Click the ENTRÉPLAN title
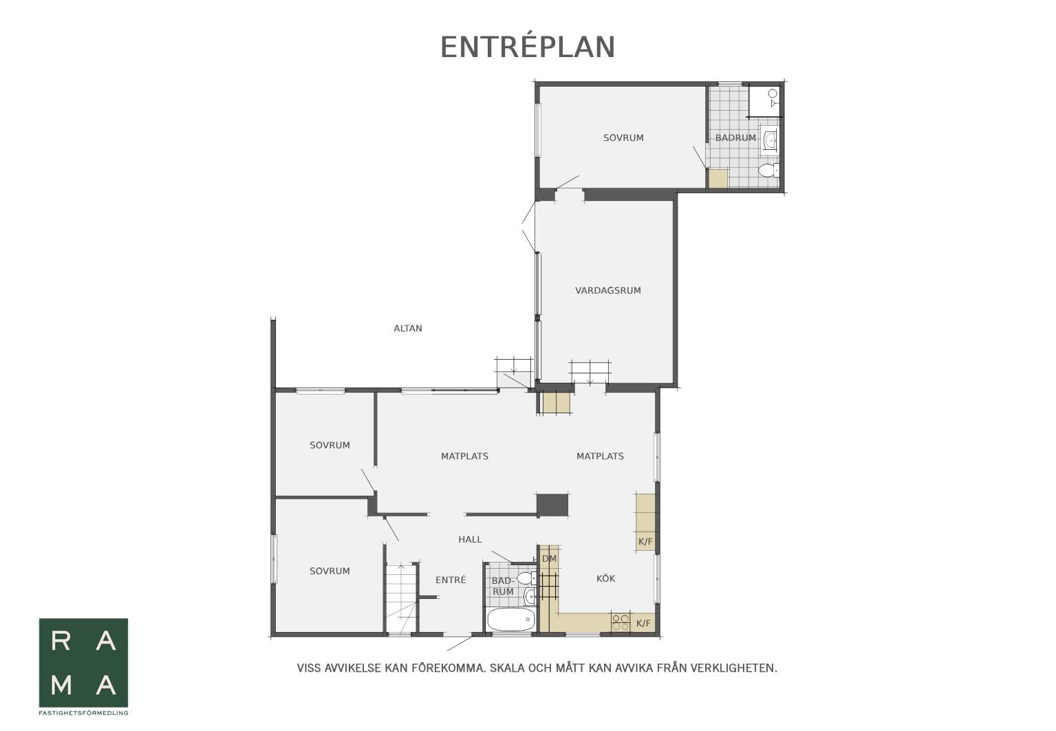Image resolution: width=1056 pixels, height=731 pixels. click(528, 47)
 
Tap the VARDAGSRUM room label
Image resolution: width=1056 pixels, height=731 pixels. click(607, 291)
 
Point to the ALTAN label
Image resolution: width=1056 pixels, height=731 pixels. click(408, 329)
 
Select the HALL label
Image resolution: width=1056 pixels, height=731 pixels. click(470, 539)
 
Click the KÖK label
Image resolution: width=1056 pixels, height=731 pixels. click(606, 578)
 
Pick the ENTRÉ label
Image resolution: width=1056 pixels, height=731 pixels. click(451, 580)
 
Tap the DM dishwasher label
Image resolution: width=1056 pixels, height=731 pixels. click(549, 559)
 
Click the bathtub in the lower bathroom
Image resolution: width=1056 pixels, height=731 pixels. click(511, 620)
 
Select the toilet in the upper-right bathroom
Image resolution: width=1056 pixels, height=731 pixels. click(768, 170)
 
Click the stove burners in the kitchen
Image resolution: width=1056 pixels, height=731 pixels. click(621, 622)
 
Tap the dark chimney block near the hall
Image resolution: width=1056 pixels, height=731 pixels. click(552, 505)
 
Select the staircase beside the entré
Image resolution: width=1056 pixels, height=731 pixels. click(401, 598)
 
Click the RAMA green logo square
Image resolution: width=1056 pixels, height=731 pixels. click(83, 662)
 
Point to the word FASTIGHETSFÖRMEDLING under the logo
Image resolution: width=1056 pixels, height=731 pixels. click(83, 713)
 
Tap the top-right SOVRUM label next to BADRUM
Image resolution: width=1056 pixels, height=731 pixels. click(623, 138)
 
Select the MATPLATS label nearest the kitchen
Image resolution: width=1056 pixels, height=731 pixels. click(600, 456)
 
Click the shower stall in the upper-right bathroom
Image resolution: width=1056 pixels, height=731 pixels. click(765, 101)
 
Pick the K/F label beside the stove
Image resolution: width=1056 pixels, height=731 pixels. click(643, 624)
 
